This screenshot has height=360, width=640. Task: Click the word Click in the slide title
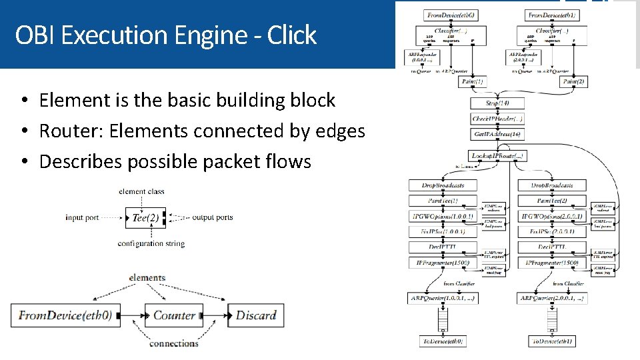pos(291,35)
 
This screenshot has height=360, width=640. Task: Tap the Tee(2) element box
pos(145,218)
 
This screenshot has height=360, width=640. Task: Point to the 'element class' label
pos(141,192)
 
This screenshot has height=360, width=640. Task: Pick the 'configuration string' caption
pos(151,244)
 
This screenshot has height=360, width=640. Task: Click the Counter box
pos(174,315)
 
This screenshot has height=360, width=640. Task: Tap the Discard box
pos(256,315)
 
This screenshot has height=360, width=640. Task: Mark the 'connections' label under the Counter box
pos(173,344)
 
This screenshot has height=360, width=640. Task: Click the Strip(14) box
pos(497,104)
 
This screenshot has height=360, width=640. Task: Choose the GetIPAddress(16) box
pos(497,134)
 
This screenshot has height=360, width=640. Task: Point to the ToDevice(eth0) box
pos(442,341)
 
